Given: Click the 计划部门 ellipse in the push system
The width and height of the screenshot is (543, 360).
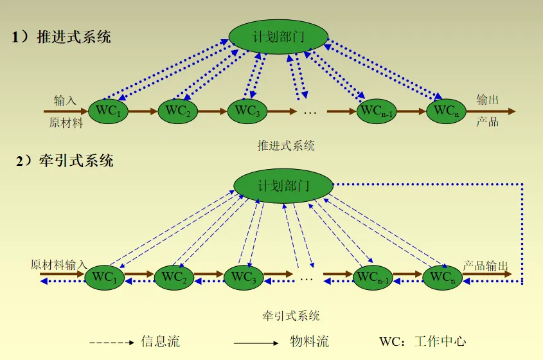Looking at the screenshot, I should [x=278, y=36].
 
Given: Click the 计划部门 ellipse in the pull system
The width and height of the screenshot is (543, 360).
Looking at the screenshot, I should [x=283, y=186].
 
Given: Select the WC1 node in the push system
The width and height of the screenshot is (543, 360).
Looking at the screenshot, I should [x=108, y=111].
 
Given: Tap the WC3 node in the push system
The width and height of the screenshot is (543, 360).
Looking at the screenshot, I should [x=247, y=111].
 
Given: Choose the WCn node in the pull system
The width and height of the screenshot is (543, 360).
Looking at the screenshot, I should [x=443, y=277].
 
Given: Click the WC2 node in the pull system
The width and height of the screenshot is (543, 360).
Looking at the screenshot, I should [x=174, y=277].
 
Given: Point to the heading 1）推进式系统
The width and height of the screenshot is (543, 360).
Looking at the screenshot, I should [x=61, y=37].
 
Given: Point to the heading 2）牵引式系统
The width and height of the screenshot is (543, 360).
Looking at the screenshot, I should [x=64, y=160].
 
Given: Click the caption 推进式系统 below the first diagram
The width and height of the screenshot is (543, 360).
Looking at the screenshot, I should [x=286, y=145].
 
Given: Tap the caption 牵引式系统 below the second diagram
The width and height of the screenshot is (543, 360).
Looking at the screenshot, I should [x=290, y=315].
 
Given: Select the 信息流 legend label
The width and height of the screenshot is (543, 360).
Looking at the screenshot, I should [x=160, y=341].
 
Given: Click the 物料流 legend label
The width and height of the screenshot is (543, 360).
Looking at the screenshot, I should [x=309, y=341].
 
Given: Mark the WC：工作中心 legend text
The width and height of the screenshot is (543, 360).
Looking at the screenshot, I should [x=422, y=341].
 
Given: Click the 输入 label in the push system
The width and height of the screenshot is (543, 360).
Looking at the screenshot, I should [x=65, y=100].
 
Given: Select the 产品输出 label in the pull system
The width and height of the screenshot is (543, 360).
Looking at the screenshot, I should [x=486, y=265].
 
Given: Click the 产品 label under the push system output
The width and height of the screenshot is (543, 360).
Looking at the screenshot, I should [x=487, y=122].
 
